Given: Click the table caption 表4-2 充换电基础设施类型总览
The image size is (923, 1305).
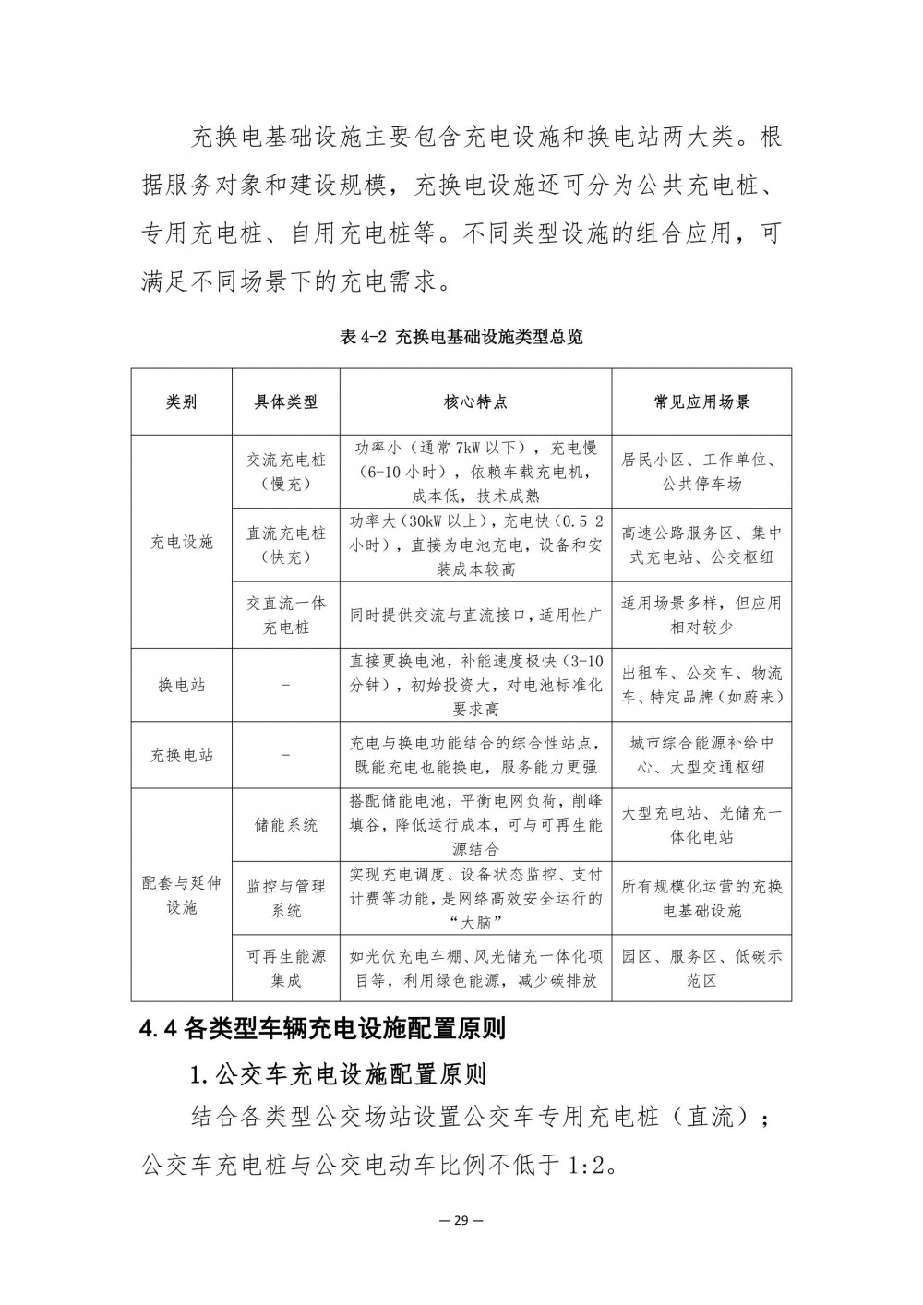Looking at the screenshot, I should [461, 338].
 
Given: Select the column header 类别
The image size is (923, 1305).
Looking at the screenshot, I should [181, 401].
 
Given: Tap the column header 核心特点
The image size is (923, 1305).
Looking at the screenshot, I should [475, 401].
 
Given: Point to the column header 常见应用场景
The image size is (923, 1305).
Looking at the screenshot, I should [701, 401].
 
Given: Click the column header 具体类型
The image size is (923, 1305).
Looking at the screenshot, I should [286, 401].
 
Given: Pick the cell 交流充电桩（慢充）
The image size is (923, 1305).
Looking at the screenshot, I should [286, 471].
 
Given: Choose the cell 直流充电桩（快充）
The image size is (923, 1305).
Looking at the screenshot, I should [286, 545].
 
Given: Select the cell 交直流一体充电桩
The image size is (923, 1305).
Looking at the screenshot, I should [286, 615].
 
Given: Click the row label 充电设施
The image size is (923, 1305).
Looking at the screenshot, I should [181, 542].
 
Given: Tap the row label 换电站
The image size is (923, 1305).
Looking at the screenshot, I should [181, 685].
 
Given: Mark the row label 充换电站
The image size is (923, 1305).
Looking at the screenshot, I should [181, 755].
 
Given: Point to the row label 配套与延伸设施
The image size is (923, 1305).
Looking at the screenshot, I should [181, 895].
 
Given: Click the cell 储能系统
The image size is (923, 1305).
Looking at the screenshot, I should [286, 824].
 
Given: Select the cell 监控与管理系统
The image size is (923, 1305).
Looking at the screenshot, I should [286, 898].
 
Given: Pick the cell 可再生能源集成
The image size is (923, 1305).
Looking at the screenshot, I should [286, 968].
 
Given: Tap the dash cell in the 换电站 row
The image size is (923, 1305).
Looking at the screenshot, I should [286, 685].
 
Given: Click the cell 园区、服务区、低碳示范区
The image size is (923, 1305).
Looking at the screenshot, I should [701, 968].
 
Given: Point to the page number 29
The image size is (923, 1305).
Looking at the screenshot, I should [461, 1219].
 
